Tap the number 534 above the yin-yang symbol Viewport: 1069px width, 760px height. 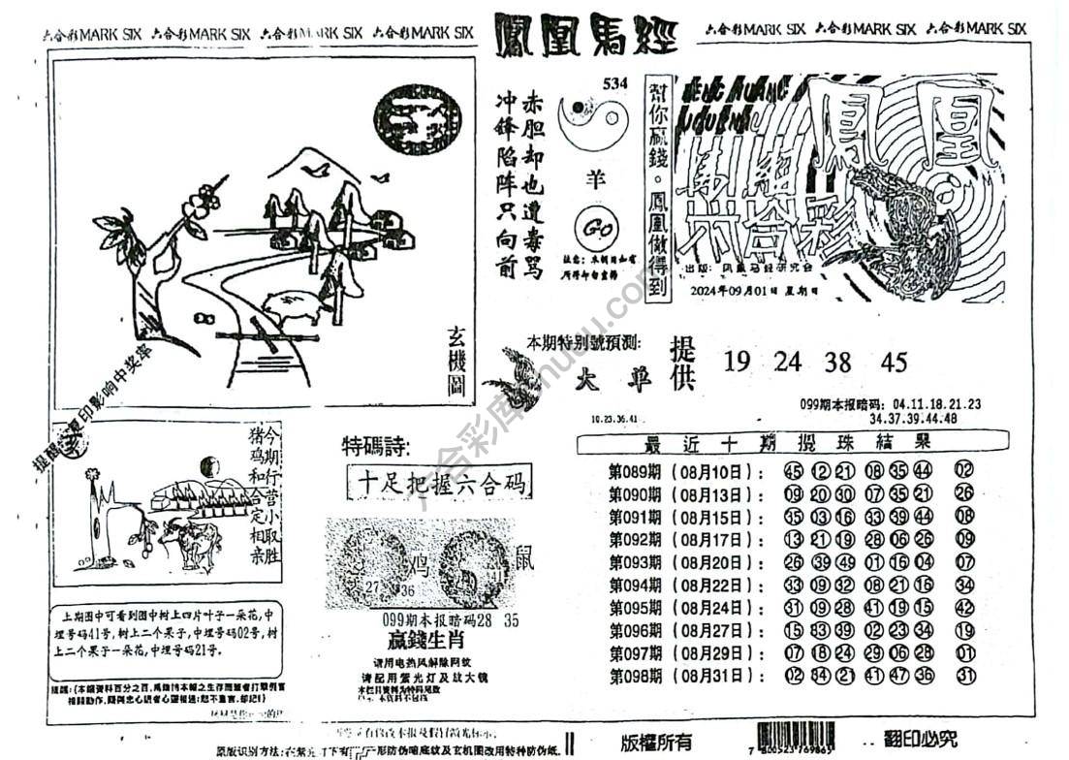[x=614, y=84]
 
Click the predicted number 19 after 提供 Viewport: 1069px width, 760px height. [x=737, y=363]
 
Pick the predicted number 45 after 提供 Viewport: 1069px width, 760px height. [x=895, y=363]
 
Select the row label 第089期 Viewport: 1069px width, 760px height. [x=634, y=472]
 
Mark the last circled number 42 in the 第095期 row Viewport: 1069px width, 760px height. [x=963, y=608]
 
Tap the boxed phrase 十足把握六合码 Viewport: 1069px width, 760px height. [x=440, y=482]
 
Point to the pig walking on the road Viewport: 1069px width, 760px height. [x=295, y=306]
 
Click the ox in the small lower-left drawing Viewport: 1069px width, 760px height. [x=189, y=543]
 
